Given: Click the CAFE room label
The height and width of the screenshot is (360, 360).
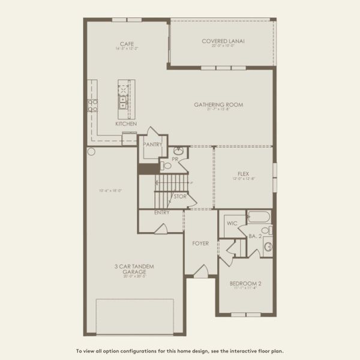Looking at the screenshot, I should coord(126,44).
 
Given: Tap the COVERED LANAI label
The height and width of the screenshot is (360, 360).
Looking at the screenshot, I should coord(223,41).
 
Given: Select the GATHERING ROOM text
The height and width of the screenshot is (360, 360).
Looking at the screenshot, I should coord(218,104).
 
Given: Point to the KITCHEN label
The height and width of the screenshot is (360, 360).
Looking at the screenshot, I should coord(126,124).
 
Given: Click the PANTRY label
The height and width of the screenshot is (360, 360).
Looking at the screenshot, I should coord(152,144).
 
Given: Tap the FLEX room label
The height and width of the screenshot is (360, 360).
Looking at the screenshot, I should coord(244,175).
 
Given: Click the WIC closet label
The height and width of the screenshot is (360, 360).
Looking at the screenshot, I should coord(232,226).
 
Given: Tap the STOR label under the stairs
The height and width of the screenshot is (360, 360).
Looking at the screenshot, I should coord(179,196).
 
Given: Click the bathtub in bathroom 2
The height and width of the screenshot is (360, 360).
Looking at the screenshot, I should coord(259,217).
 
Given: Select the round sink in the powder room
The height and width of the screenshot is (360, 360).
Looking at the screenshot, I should coord(178,152).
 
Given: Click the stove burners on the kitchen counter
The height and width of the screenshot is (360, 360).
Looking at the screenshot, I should coord(93,106).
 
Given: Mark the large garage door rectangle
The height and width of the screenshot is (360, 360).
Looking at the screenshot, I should coord(135,316).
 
